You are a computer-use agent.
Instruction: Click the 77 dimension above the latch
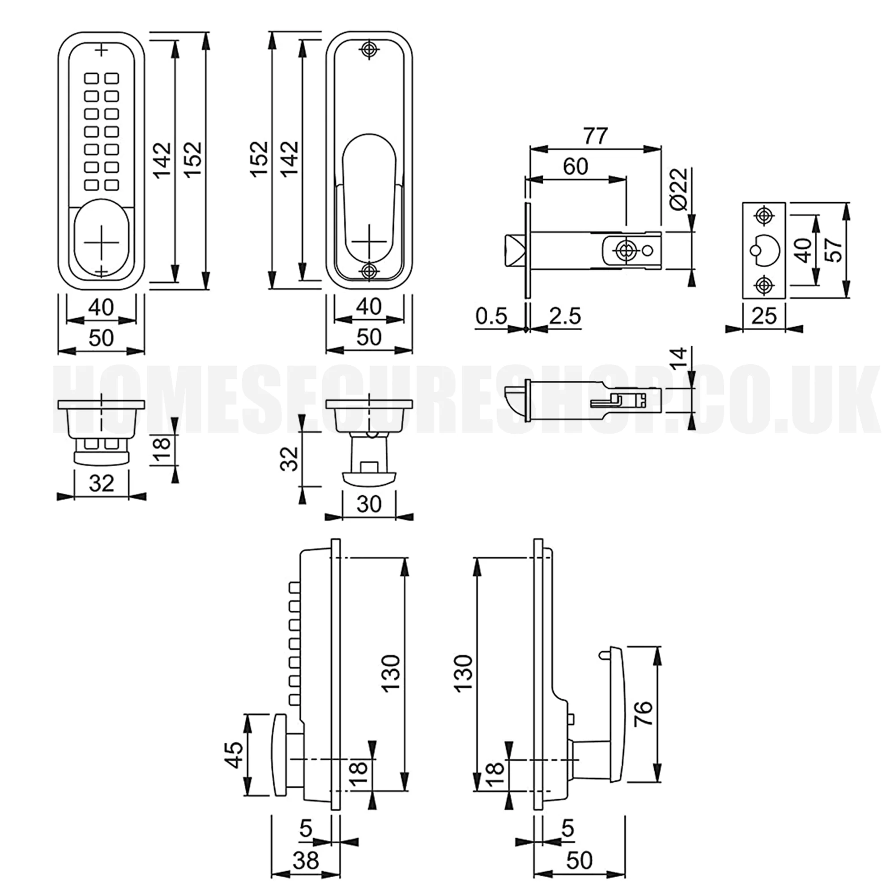coord(595,136)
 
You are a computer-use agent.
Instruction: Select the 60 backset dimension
coord(575,166)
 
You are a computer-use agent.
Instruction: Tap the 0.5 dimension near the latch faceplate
coord(491,316)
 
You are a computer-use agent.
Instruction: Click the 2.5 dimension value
coord(565,316)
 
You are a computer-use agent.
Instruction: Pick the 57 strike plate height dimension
coord(833,250)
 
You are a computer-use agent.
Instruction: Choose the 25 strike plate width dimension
coord(764,316)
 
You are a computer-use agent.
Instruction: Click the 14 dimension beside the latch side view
coord(679,359)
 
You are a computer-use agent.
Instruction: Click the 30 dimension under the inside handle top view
coord(369,504)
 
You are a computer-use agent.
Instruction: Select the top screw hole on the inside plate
coord(369,50)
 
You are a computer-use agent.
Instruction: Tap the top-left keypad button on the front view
coord(91,78)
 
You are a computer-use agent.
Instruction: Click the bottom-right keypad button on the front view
coord(111,185)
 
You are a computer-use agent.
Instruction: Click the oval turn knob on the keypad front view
coord(102,240)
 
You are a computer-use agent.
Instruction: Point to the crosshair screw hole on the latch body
coord(626,250)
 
